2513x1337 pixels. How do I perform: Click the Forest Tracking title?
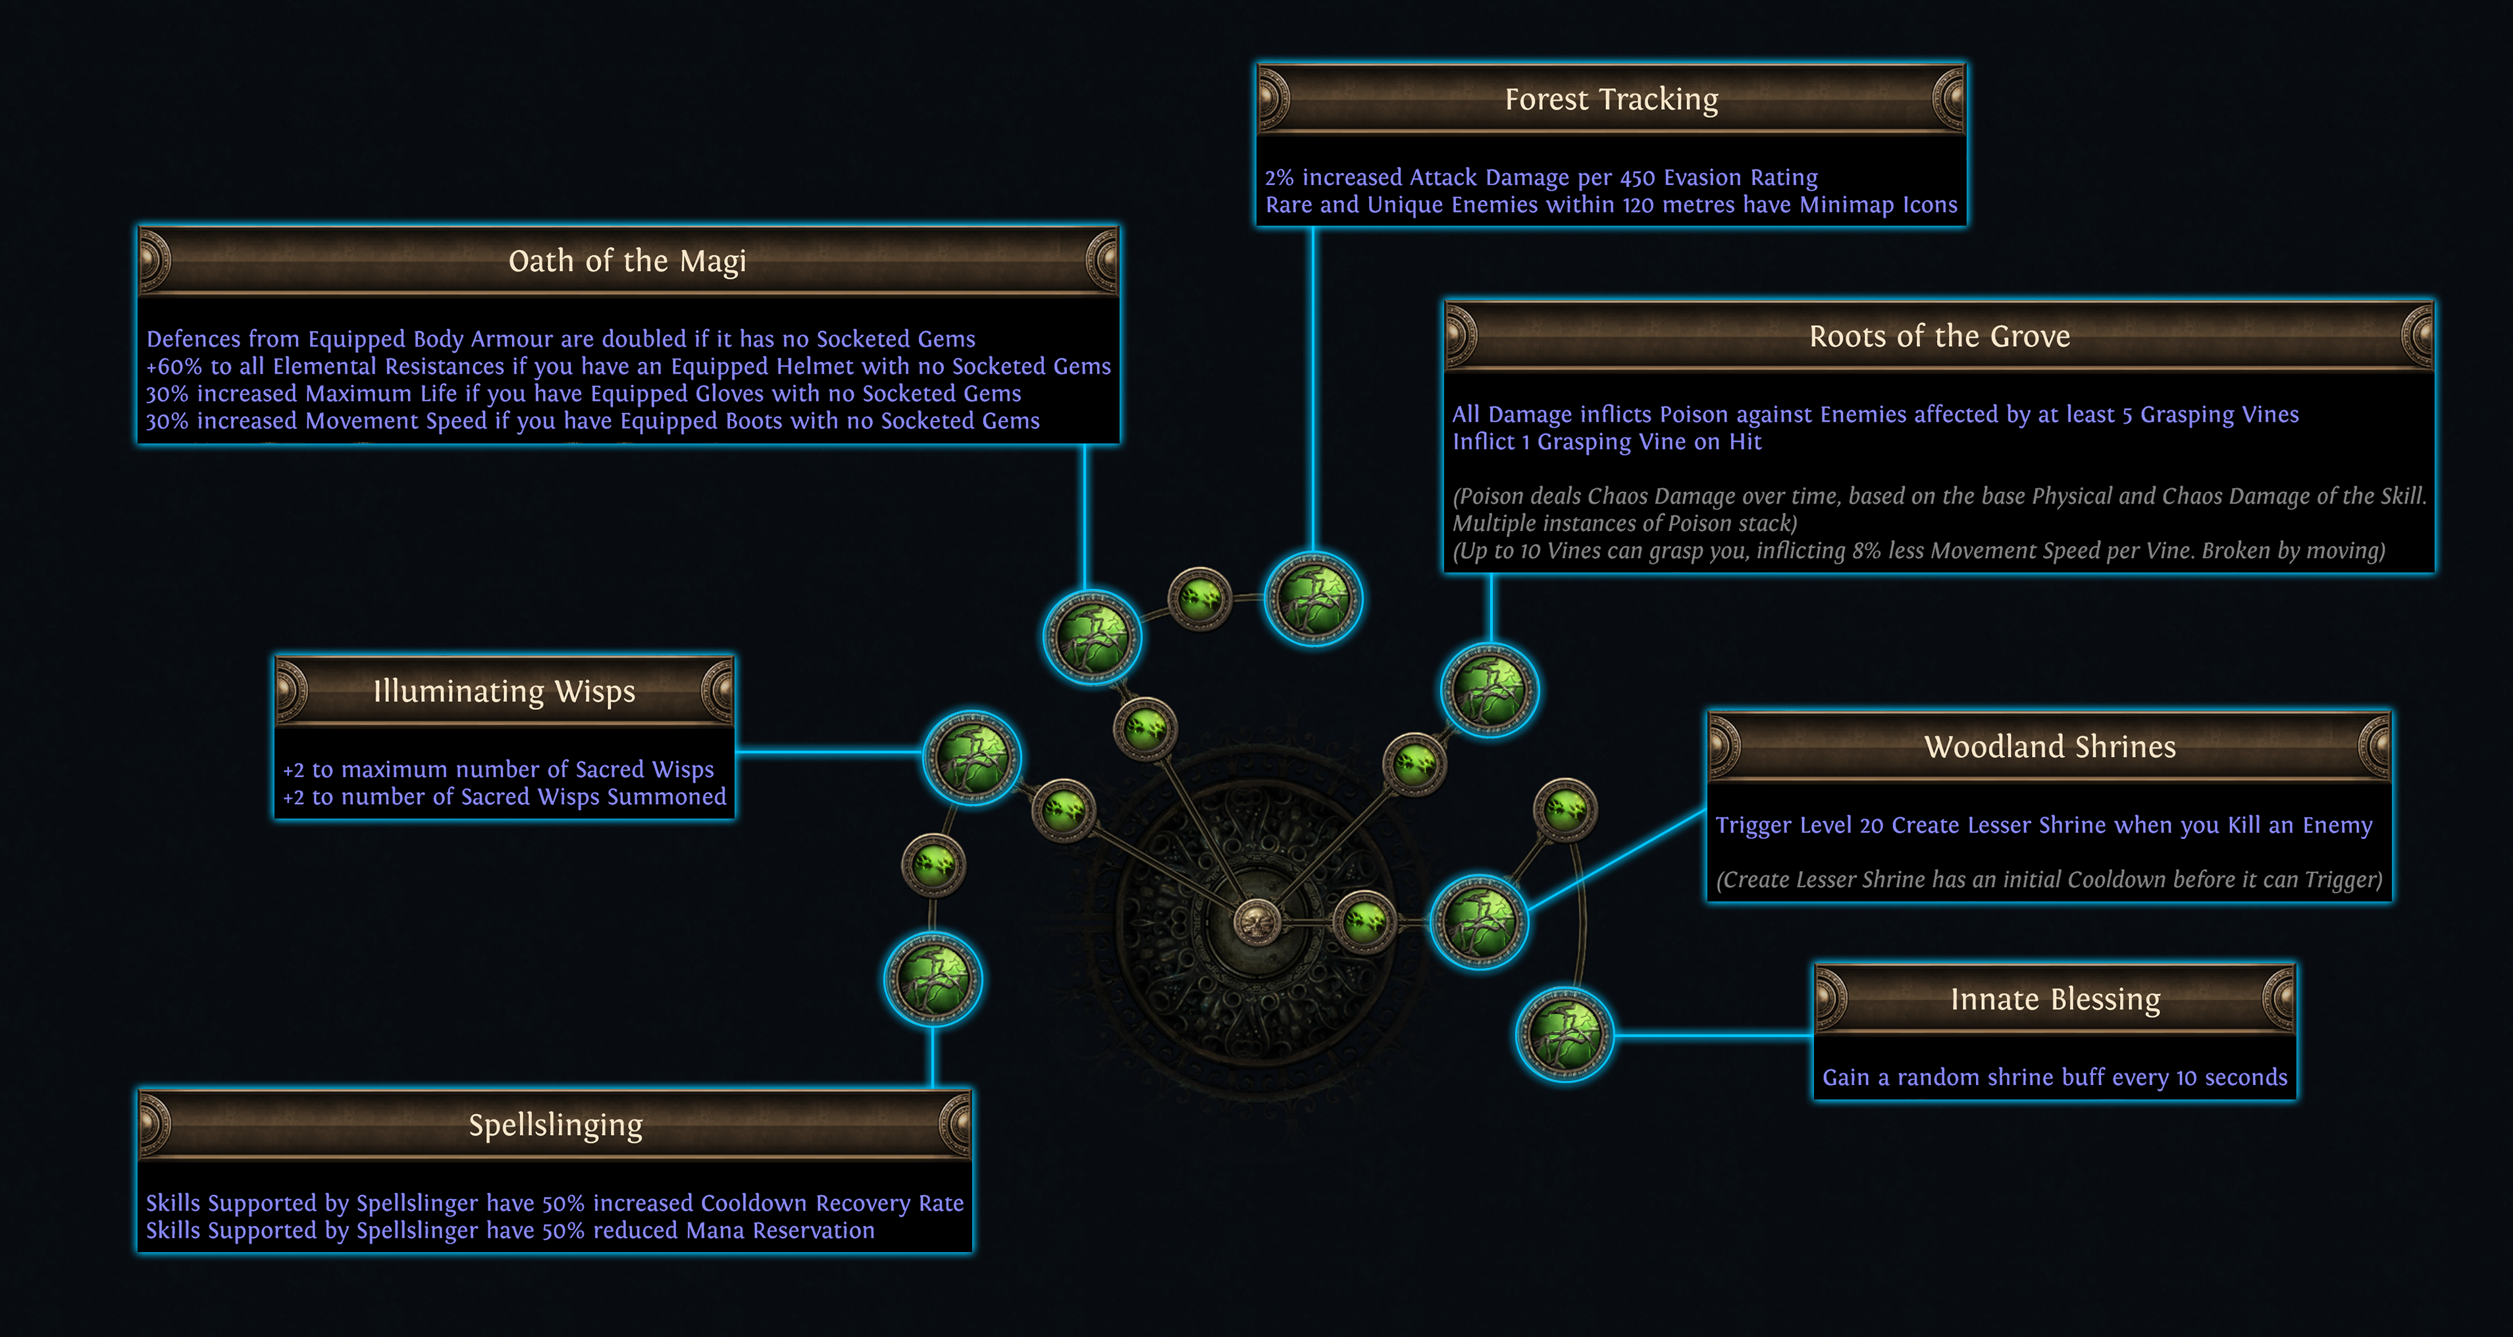click(x=1611, y=99)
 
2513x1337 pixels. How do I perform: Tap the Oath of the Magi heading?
click(x=627, y=261)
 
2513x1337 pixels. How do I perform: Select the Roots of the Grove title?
click(x=1939, y=336)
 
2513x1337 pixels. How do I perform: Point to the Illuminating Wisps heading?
click(x=504, y=692)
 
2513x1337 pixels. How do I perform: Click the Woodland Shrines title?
click(x=2050, y=747)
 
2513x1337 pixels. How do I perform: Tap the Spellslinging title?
click(x=555, y=1125)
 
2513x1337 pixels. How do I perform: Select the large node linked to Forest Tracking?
click(x=1313, y=599)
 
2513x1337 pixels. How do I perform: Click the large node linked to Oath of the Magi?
click(x=1092, y=637)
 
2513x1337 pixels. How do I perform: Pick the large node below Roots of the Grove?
click(x=1490, y=690)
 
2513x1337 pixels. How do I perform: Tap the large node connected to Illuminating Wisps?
click(x=972, y=758)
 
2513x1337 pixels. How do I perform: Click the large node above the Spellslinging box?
click(x=933, y=979)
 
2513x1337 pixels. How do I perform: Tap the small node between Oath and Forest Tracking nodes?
click(x=1200, y=599)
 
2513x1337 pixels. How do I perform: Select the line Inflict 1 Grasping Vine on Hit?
click(x=1607, y=441)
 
